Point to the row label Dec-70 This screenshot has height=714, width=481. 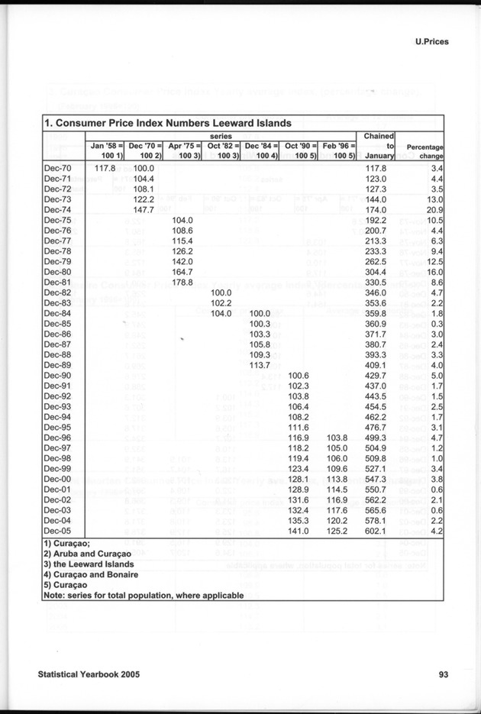point(57,168)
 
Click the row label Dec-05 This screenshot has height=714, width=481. point(57,530)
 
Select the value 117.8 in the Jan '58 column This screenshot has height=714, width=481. point(103,168)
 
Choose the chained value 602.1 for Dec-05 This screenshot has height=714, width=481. point(379,530)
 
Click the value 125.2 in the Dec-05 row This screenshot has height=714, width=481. point(337,530)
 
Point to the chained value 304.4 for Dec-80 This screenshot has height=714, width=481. point(379,271)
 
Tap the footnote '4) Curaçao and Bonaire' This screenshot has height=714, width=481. point(91,574)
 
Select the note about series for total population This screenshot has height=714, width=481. point(144,595)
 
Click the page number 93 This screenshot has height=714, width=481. point(444,674)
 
